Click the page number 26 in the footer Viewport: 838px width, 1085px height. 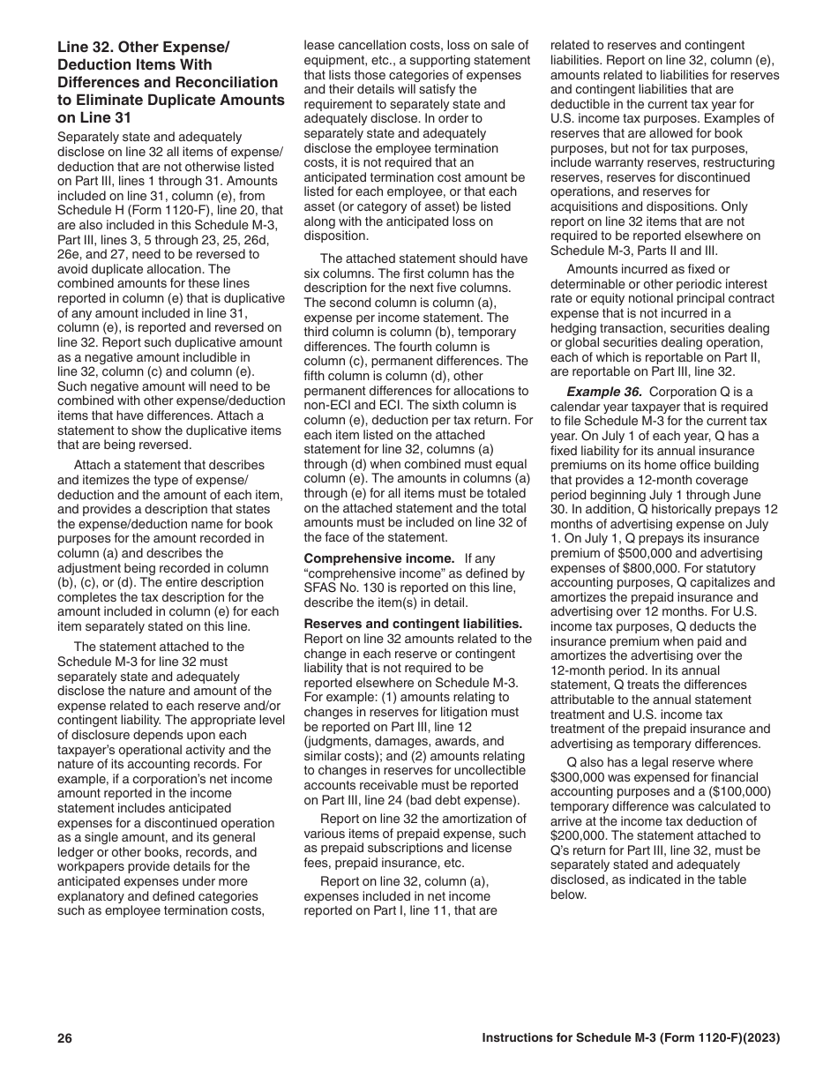point(64,1038)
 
